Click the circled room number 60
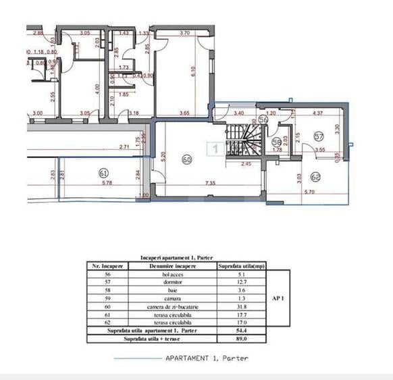pyautogui.click(x=187, y=161)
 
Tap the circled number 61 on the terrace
pyautogui.click(x=103, y=171)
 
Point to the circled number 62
pyautogui.click(x=315, y=178)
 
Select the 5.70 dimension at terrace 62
pyautogui.click(x=309, y=192)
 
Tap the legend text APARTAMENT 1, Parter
pyautogui.click(x=207, y=358)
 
